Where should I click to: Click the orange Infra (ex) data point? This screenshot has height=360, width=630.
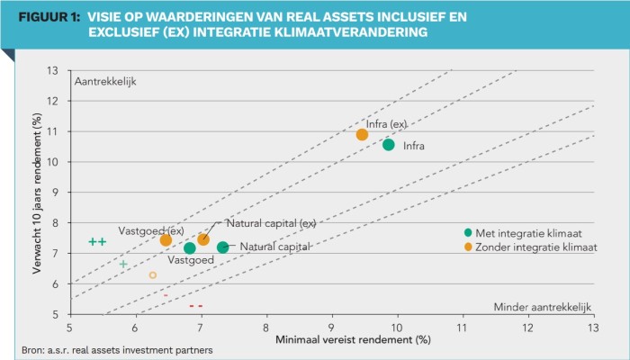coord(362,135)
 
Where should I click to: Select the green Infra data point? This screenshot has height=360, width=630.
coord(389,145)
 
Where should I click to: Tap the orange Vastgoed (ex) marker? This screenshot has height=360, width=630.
coord(166,240)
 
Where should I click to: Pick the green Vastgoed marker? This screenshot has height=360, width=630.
coord(190,248)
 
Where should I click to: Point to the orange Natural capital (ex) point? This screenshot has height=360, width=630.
coord(203,239)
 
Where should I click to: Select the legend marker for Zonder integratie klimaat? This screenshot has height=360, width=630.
coord(468,246)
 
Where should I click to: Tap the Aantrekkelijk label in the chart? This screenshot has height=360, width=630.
coord(104,81)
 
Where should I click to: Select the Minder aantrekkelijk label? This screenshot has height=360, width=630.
coord(543,307)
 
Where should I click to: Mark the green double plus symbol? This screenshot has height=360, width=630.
coord(97,242)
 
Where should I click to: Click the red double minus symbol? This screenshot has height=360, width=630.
coord(195,306)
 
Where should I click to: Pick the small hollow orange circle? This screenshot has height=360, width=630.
coord(153,275)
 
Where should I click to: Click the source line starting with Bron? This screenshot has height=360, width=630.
coord(117,349)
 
